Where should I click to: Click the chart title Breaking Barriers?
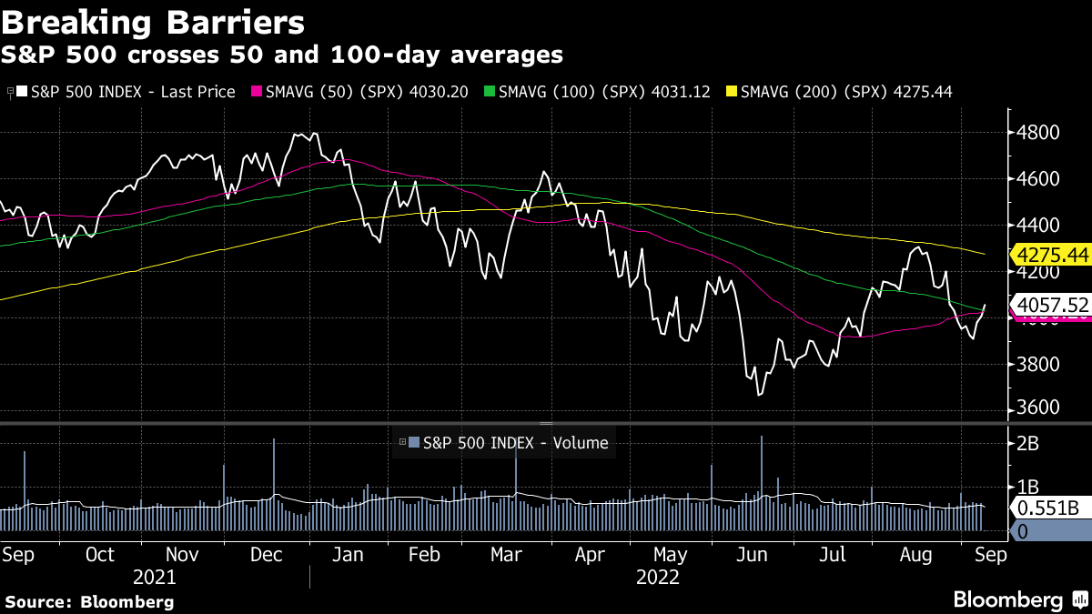tap(153, 21)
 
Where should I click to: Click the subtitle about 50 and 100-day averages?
tap(281, 55)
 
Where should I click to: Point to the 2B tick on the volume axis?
tap(1029, 443)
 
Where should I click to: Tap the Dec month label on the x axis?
tap(267, 555)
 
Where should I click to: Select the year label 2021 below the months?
tap(154, 577)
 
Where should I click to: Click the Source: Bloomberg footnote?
tap(89, 601)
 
